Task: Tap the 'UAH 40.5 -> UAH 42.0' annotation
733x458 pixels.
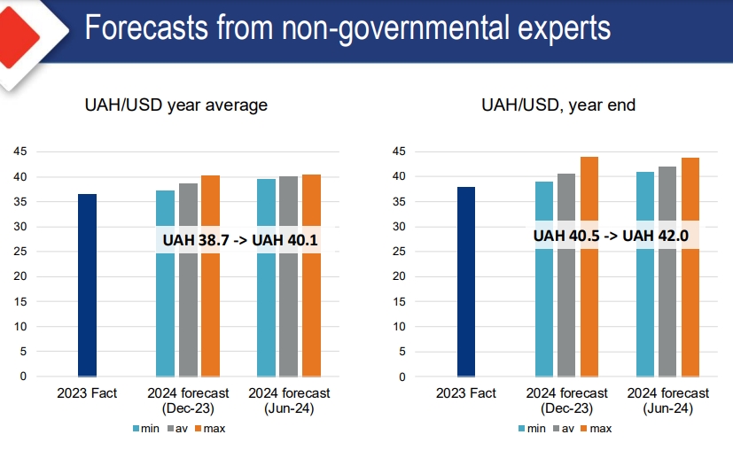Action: coord(617,235)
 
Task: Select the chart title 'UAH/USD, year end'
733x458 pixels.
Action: coord(558,105)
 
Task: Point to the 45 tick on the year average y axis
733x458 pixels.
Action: coord(19,151)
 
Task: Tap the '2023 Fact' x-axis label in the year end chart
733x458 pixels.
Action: coord(466,392)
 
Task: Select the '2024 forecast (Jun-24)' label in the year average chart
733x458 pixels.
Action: coord(289,400)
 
